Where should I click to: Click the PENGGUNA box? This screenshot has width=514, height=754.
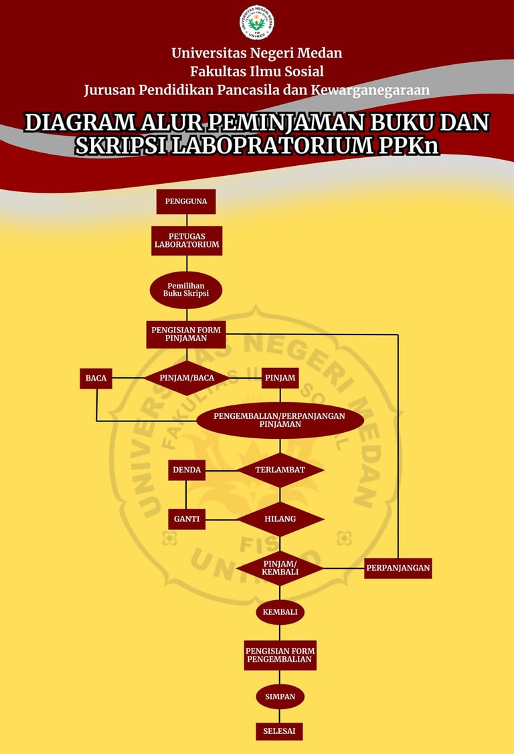186,201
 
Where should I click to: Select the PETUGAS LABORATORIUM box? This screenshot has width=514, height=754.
187,241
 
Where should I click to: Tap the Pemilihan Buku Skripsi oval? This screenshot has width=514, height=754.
186,290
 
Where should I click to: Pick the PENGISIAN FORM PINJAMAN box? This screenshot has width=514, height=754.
186,334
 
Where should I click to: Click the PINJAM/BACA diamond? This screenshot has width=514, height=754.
187,378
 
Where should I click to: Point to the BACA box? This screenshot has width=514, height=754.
96,378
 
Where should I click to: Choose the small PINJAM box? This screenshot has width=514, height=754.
280,378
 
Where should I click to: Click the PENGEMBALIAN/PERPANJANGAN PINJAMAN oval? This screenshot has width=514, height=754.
280,420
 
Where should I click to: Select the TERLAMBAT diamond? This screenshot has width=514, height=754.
280,470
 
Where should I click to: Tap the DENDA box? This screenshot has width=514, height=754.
187,470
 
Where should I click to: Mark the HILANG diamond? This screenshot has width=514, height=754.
280,519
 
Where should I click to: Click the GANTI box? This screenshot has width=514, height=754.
187,519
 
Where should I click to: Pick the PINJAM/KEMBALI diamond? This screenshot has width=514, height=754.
280,568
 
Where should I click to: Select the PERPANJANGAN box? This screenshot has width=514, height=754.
398,568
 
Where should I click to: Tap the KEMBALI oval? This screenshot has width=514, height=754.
280,612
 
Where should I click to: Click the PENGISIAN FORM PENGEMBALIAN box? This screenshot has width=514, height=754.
280,655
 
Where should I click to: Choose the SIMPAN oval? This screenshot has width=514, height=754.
280,696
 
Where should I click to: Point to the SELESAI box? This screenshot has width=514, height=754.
279,731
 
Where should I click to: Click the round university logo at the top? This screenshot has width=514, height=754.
257,22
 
